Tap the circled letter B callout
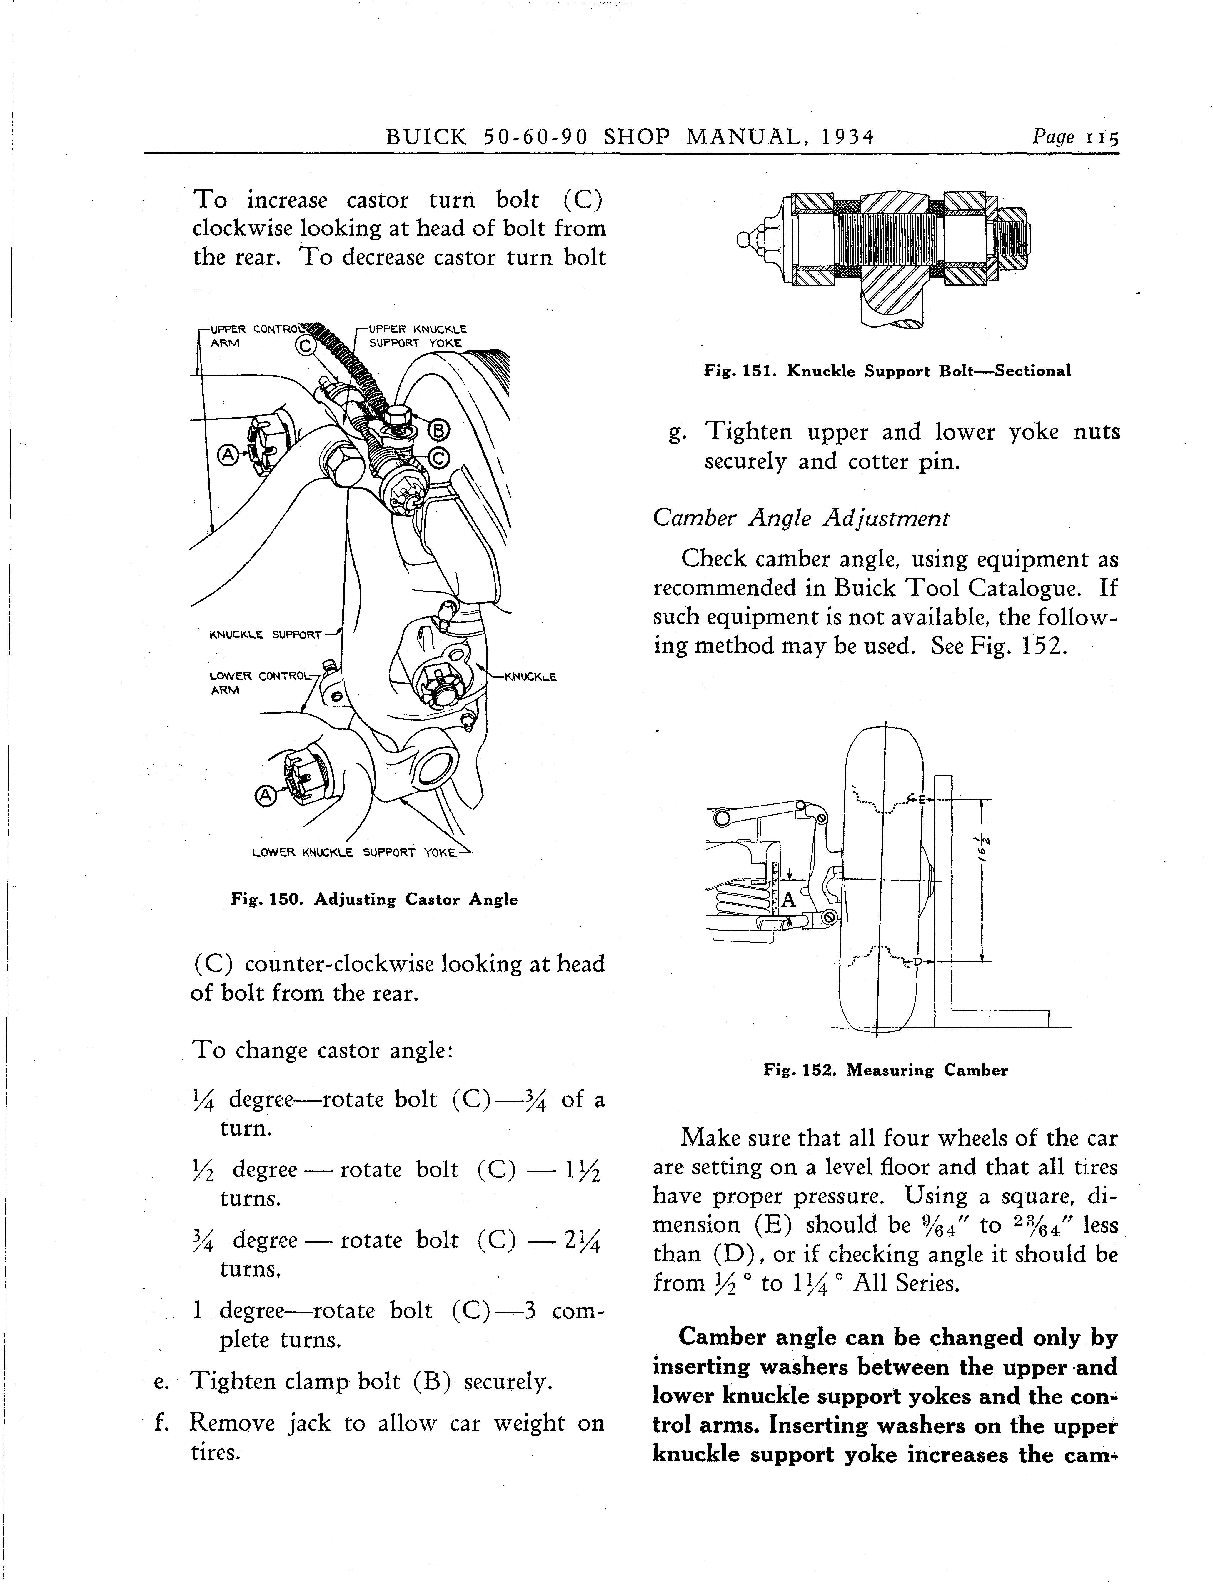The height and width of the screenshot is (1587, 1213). click(x=439, y=431)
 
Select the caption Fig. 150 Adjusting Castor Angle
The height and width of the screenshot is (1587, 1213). click(x=374, y=900)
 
